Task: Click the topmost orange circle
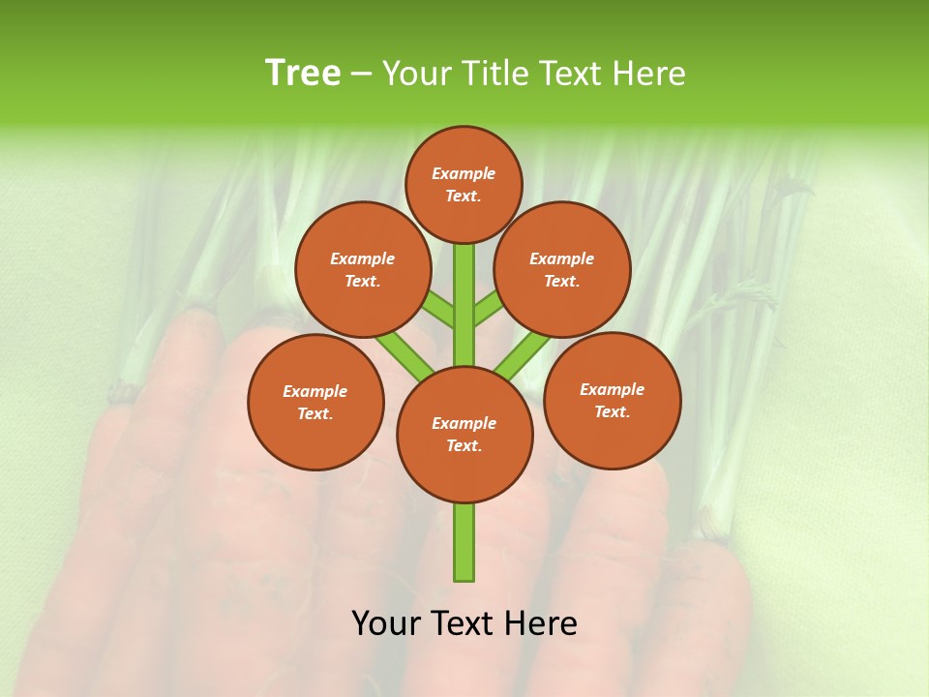coord(464,184)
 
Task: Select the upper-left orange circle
coord(362,269)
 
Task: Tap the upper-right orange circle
coord(561,269)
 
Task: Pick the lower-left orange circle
coord(315,402)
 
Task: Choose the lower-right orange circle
coord(612,400)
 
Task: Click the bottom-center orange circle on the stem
coord(464,435)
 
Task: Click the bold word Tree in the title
coord(303,73)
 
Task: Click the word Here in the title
coord(650,73)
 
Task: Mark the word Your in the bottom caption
coord(387,623)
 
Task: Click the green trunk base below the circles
coord(464,542)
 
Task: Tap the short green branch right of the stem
coord(488,310)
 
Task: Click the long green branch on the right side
coord(523,355)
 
